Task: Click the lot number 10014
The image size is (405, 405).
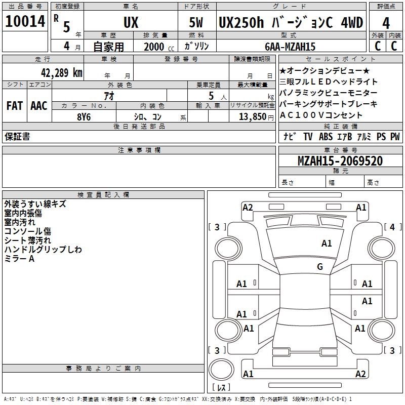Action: [x=25, y=21]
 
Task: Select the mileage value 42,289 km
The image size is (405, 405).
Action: [x=61, y=72]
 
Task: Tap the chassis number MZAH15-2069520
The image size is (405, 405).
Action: [x=340, y=160]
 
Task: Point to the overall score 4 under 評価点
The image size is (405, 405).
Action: [x=386, y=23]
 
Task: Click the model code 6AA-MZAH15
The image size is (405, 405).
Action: [x=290, y=47]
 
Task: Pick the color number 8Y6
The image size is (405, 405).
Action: [x=84, y=117]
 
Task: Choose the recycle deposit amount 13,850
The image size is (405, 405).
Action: [x=252, y=116]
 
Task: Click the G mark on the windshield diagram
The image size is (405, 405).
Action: [x=320, y=266]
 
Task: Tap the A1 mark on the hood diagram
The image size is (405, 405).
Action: [x=327, y=243]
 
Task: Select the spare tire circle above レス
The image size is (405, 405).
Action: [x=221, y=370]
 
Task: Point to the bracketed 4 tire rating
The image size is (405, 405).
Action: [x=392, y=227]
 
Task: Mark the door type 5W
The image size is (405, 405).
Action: [x=196, y=22]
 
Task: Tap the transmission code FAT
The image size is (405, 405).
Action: [x=15, y=106]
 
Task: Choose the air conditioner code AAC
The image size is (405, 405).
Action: [x=39, y=106]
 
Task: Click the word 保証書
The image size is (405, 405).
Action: [x=17, y=136]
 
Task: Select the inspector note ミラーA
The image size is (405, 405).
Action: [x=19, y=259]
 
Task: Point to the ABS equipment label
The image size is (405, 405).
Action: [x=326, y=136]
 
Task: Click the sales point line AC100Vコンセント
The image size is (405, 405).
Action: [x=321, y=115]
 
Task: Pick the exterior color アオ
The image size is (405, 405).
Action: [x=109, y=96]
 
